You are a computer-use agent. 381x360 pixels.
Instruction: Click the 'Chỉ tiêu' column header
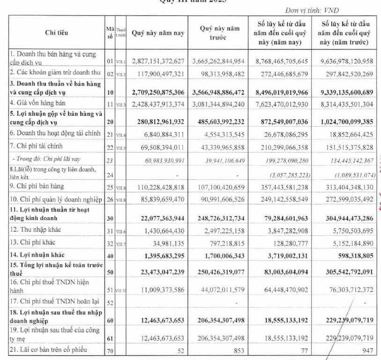point(56,32)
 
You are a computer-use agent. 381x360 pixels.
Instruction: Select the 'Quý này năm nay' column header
point(158,33)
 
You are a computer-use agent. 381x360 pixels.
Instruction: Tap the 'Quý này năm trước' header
point(216,33)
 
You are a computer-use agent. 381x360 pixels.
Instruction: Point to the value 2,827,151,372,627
point(158,61)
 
